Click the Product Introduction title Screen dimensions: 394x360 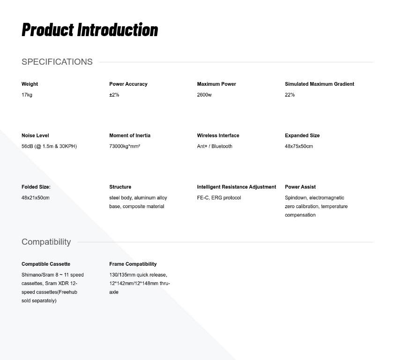pyautogui.click(x=89, y=30)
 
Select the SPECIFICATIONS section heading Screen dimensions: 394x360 pyautogui.click(x=57, y=62)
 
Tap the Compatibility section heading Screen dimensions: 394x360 pyautogui.click(x=46, y=242)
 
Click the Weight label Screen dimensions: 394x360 pyautogui.click(x=30, y=84)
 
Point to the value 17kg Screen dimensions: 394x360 pyautogui.click(x=27, y=95)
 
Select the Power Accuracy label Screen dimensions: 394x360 pyautogui.click(x=128, y=84)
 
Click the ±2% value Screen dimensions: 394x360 pyautogui.click(x=114, y=95)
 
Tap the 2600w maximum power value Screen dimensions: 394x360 pyautogui.click(x=204, y=95)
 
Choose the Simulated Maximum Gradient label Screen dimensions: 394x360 pyautogui.click(x=320, y=84)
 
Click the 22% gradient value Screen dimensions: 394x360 pyautogui.click(x=290, y=95)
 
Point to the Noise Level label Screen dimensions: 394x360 pyautogui.click(x=35, y=135)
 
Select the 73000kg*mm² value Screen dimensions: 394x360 pyautogui.click(x=125, y=146)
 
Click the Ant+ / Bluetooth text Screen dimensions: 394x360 pyautogui.click(x=215, y=146)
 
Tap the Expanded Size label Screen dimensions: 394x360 pyautogui.click(x=302, y=135)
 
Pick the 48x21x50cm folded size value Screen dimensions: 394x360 pyautogui.click(x=36, y=198)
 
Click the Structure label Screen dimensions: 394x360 pyautogui.click(x=120, y=187)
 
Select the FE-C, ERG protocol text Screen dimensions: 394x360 pyautogui.click(x=219, y=198)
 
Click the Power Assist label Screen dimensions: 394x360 pyautogui.click(x=300, y=187)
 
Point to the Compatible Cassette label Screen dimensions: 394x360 pyautogui.click(x=46, y=264)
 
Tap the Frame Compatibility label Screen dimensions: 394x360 pyautogui.click(x=133, y=264)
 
